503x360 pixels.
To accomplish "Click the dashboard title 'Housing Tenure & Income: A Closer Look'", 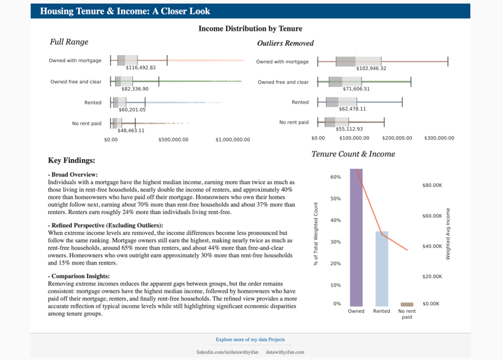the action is point(125,11).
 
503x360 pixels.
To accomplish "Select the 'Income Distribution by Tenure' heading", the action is point(250,29).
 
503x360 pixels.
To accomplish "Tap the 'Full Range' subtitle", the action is point(69,42).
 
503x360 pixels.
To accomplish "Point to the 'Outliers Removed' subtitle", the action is point(285,43).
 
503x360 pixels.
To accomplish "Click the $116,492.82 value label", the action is point(141,67).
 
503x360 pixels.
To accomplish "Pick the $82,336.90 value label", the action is point(135,89).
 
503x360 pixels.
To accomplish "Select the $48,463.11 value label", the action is point(131,130).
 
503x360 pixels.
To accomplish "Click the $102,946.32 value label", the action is point(371,68).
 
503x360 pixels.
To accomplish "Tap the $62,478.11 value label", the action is point(352,109).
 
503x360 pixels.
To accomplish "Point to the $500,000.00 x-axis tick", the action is point(173,140).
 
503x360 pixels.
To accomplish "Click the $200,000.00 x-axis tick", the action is point(397,138).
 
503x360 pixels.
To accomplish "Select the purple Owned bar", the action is point(356,238).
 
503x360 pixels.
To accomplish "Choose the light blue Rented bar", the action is point(381,268).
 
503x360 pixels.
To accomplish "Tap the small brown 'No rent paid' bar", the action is point(407,304).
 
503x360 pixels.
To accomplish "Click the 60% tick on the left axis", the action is point(335,177).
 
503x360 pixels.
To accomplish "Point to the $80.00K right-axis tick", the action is point(432,185).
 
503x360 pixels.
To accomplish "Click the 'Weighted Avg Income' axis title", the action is point(448,234).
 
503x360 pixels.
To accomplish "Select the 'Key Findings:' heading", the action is point(71,160).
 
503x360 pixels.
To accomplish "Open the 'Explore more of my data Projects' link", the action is point(250,340).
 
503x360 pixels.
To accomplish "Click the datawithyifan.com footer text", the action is point(285,352).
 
